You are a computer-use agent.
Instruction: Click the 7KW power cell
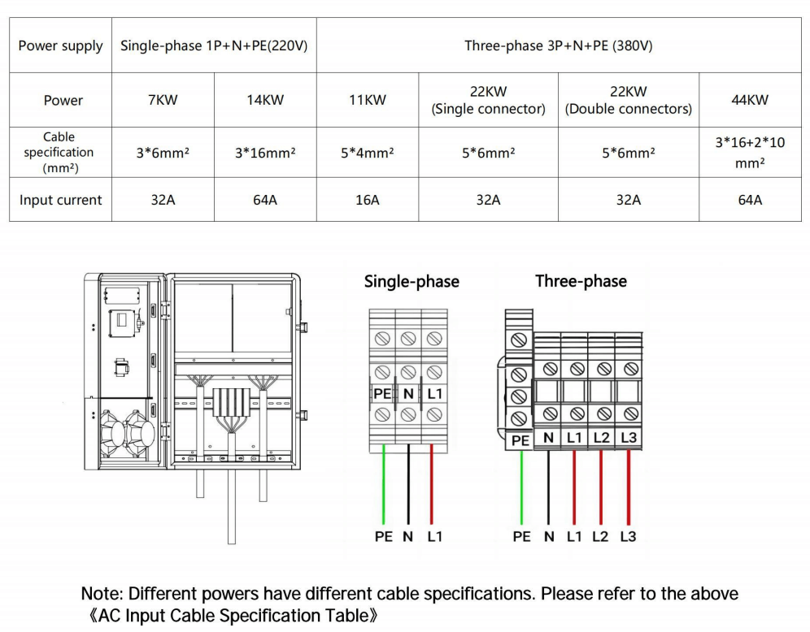coord(163,101)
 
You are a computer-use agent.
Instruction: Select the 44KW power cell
coord(750,101)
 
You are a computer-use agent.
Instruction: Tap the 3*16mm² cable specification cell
coord(265,152)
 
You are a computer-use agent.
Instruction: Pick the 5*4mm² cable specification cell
coord(368,152)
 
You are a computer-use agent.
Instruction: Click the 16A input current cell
coord(368,200)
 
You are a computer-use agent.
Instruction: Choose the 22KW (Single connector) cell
coord(488,101)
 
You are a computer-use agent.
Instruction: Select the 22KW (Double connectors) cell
coord(628,101)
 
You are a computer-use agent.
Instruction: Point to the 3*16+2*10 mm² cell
coord(750,152)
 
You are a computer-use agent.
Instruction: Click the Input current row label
coord(61,200)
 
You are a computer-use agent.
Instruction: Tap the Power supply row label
coord(61,45)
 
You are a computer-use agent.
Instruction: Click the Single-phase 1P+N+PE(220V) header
coord(214,45)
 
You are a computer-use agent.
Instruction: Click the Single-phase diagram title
coord(412,282)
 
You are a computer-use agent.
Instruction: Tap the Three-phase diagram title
coord(581,282)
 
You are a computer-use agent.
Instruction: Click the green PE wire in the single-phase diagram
coord(382,487)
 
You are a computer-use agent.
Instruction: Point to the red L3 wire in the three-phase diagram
coord(629,487)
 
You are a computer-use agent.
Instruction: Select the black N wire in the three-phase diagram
coord(549,487)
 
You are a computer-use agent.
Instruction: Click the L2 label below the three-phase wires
coord(601,537)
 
